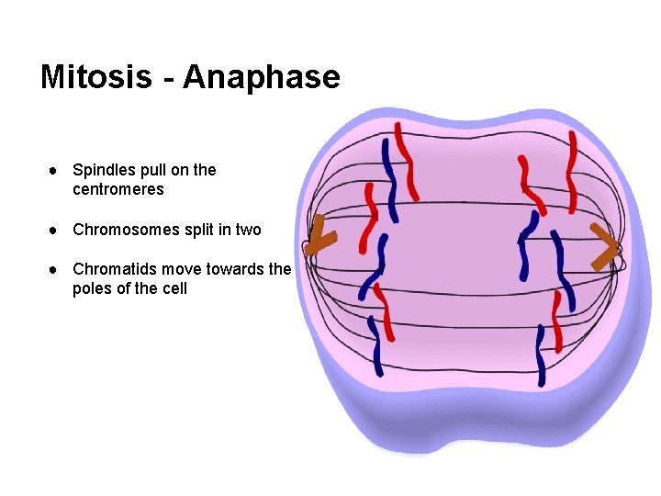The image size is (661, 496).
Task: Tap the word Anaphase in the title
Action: pos(262,76)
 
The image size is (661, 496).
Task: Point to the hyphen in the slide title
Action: pos(171,77)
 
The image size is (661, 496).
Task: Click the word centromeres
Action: pos(118,189)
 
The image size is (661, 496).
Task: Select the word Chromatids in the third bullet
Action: pos(113,269)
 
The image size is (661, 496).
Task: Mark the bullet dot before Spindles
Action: pos(56,171)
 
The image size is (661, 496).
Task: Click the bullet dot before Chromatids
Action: pos(56,270)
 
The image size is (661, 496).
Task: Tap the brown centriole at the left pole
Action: pos(319,237)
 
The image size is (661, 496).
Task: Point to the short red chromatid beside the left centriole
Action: pos(368,216)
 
